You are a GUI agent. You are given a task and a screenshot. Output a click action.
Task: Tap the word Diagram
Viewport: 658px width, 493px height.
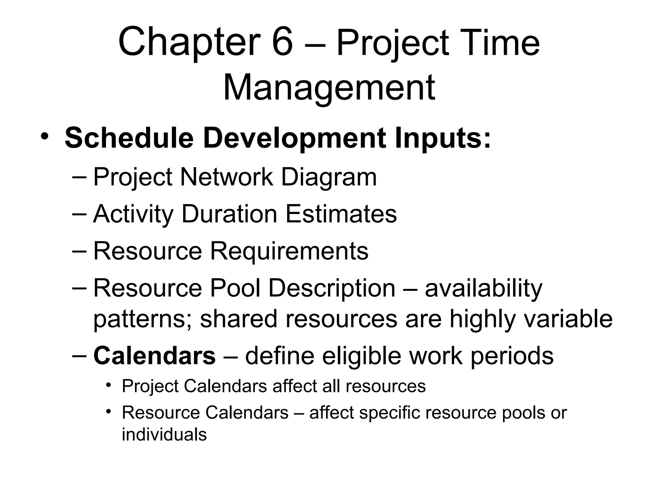click(329, 177)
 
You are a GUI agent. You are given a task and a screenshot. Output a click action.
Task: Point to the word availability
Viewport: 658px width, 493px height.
click(483, 289)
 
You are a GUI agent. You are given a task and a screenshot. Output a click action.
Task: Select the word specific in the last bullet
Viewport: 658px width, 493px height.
click(389, 413)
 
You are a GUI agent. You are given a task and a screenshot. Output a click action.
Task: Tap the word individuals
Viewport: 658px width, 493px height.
click(164, 435)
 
